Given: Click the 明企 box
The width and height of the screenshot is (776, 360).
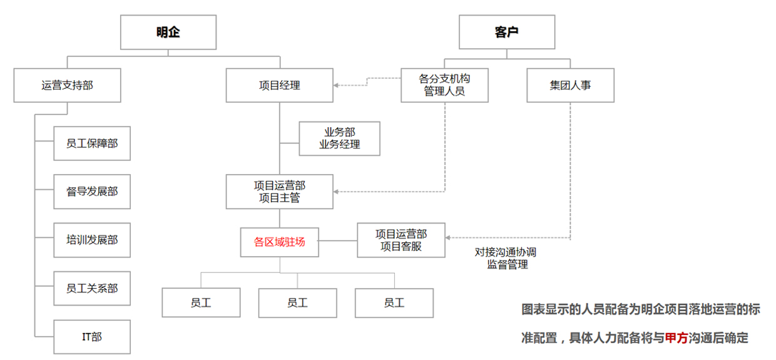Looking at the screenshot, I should (x=168, y=33).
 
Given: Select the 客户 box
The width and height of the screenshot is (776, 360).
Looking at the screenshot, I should (x=506, y=33).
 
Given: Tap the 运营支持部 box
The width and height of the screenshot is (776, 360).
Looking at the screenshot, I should (x=67, y=85).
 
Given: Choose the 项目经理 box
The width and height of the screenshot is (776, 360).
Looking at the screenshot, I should (x=279, y=85).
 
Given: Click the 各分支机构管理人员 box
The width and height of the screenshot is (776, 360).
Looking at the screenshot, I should (x=444, y=85).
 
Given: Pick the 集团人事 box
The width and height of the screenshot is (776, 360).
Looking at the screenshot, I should (x=570, y=85).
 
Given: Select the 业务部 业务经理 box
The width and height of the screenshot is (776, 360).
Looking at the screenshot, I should (x=340, y=138).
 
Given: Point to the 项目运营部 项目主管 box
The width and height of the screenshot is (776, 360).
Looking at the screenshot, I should (x=279, y=192).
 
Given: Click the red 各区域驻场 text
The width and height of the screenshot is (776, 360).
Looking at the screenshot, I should (x=279, y=242).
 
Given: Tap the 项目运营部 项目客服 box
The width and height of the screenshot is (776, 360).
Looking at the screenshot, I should (x=401, y=240).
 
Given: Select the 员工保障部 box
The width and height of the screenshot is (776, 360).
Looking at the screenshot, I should (x=92, y=143).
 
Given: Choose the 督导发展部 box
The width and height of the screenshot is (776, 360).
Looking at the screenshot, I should (x=92, y=192).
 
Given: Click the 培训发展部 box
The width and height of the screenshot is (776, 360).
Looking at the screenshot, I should (x=92, y=240).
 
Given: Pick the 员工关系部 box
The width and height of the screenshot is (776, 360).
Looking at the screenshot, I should (x=92, y=289).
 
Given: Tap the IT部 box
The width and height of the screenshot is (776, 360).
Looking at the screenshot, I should (x=92, y=337).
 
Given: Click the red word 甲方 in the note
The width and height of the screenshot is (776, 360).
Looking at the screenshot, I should (x=675, y=338).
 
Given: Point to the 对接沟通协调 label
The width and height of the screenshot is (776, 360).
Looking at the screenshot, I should (x=506, y=252).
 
